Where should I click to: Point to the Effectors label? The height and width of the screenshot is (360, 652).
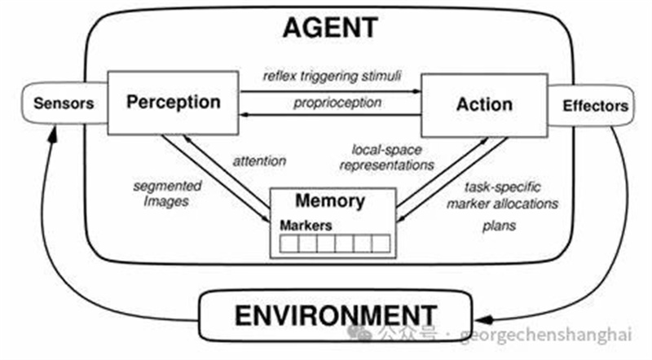pos(596,106)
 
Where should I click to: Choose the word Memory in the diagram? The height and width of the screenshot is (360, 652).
pos(330,200)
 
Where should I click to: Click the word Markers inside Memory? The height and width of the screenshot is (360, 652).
pos(306,226)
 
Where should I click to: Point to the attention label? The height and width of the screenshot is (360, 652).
pos(260,161)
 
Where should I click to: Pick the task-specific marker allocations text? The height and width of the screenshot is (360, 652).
pos(500,195)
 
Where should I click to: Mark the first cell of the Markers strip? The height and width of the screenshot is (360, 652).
pos(289,243)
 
